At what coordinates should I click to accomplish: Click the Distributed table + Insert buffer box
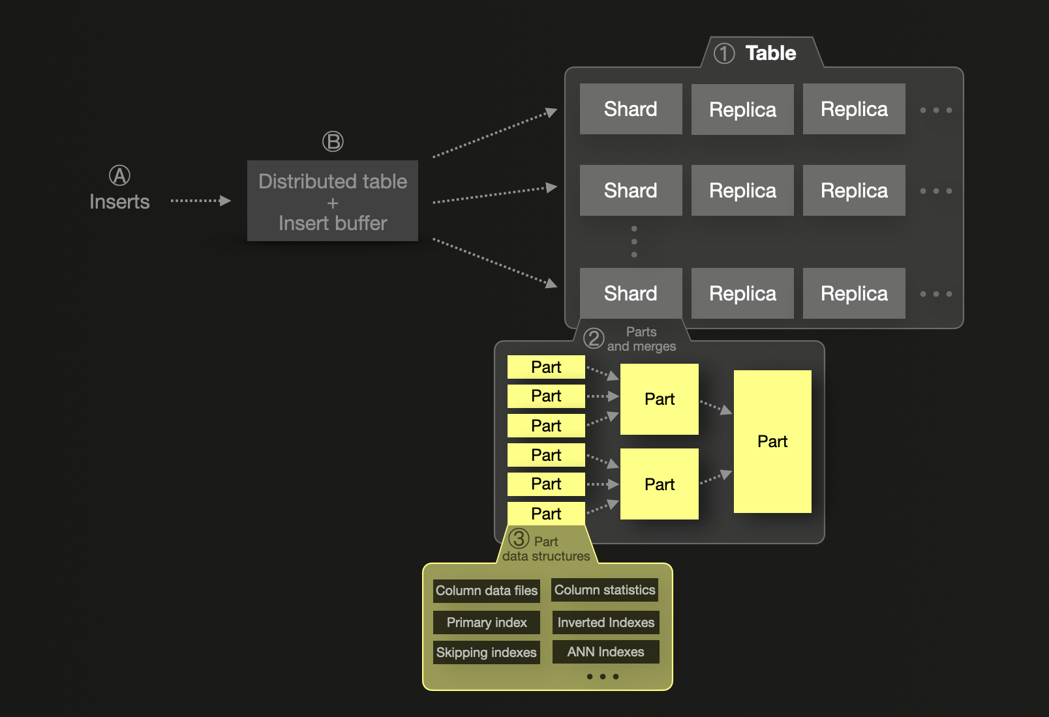333,201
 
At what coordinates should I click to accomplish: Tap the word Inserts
119,202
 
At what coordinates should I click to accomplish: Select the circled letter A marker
119,175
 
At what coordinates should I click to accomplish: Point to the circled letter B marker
333,141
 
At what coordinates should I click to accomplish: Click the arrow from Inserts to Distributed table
200,201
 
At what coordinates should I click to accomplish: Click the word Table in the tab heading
770,53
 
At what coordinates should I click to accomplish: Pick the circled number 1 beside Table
724,53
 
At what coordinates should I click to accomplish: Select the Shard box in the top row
630,109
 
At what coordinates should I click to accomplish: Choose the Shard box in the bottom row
630,293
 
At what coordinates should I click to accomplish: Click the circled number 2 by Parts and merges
594,338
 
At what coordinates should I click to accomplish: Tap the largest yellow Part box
772,441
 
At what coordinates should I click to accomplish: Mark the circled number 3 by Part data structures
519,539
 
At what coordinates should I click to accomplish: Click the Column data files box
487,591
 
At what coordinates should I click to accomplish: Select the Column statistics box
605,590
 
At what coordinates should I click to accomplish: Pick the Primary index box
487,622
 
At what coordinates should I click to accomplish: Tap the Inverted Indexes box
605,622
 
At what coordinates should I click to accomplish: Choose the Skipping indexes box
487,652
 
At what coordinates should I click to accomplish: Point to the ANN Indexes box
605,652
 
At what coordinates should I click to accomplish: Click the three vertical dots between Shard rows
634,242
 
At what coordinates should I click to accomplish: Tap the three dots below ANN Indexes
603,677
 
